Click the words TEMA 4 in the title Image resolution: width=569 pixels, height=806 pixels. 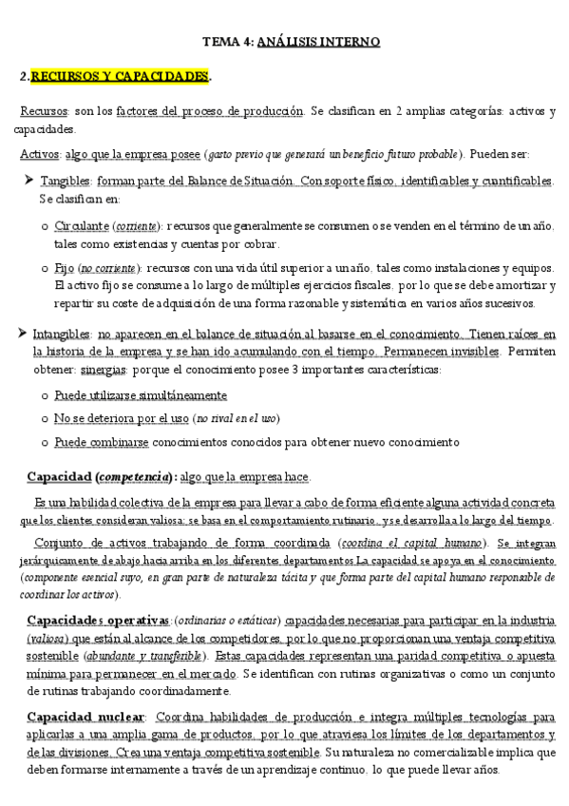point(226,42)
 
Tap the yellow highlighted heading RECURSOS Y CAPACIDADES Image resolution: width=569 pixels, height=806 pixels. point(120,75)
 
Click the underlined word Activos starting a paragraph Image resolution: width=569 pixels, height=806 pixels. point(41,154)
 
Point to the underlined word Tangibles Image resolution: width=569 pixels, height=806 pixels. point(66,181)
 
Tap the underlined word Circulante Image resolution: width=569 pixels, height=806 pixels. point(82,226)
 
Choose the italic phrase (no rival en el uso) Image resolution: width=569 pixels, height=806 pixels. point(236,418)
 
